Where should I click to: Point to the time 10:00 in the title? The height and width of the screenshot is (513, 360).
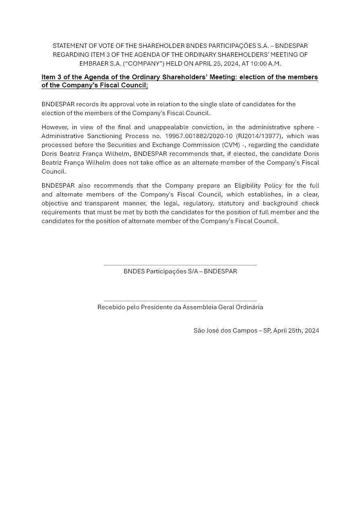pos(259,64)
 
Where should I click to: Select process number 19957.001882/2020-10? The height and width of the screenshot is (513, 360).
pos(199,136)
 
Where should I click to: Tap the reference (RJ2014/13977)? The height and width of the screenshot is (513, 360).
pos(259,136)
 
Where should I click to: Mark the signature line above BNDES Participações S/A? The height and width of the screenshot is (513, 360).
pos(180,265)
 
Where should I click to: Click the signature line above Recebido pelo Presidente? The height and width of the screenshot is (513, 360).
pos(180,300)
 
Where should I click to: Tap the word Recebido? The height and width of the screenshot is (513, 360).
pos(111,307)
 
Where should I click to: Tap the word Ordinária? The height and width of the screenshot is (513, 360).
pos(250,307)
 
